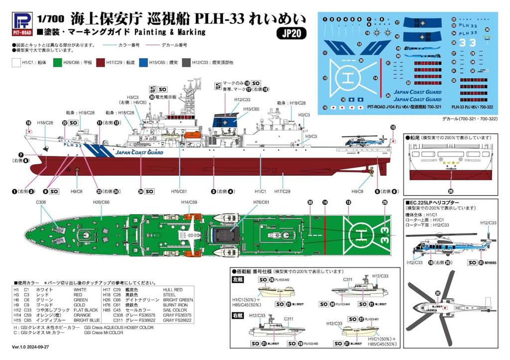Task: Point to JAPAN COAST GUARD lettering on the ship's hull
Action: point(139,153)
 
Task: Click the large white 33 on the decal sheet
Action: point(467,43)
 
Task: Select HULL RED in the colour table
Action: point(172,289)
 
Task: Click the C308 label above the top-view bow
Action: point(41,203)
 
